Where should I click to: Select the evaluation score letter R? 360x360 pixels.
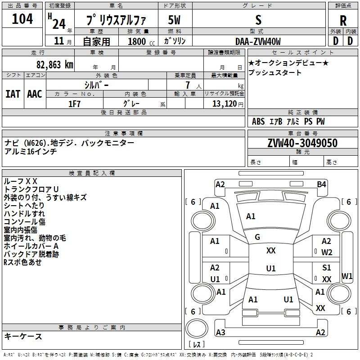tap(343, 21)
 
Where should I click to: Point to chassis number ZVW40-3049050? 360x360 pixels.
tap(302, 143)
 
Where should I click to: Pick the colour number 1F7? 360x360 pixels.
tap(74, 103)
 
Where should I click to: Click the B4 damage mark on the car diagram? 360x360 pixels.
tap(321, 184)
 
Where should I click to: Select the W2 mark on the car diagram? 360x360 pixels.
tap(327, 252)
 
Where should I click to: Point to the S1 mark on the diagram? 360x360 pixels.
tap(327, 268)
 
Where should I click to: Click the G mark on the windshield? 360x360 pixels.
tap(257, 237)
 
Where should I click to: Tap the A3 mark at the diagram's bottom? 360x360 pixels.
tap(220, 332)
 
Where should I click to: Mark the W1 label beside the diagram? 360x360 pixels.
tap(347, 275)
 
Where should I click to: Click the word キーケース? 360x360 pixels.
tap(23, 336)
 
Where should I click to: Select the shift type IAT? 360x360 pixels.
tap(13, 94)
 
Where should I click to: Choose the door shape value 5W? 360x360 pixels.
tap(175, 21)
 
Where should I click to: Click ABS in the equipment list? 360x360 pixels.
tap(258, 121)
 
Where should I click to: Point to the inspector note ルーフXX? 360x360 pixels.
tap(21, 181)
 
